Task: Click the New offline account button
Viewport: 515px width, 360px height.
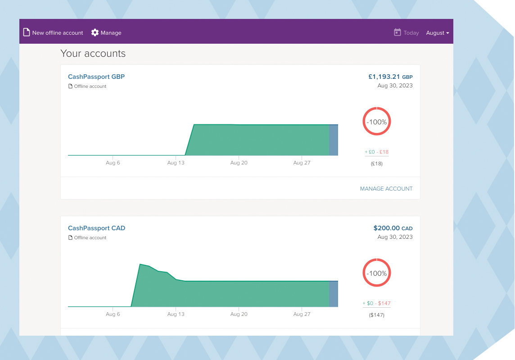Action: (x=53, y=33)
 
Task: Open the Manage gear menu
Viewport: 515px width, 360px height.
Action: (x=106, y=33)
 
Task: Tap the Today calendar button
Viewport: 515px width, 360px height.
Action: (x=407, y=33)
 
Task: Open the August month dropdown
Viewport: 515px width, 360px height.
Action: (x=438, y=33)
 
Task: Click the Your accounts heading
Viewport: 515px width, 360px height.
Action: (x=93, y=54)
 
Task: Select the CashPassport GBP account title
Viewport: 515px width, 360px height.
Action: (x=96, y=77)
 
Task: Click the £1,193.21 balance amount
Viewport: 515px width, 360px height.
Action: (x=384, y=77)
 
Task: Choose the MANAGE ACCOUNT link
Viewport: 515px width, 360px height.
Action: (x=386, y=189)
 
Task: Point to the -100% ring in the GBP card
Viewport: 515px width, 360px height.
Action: (x=377, y=122)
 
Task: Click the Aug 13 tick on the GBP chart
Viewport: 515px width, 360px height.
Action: (x=176, y=163)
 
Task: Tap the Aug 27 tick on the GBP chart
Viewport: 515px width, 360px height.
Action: (x=302, y=163)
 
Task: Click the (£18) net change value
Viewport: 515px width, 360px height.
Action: (x=377, y=164)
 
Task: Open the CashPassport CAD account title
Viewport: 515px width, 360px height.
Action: (x=96, y=228)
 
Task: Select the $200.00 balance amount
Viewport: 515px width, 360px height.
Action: (x=387, y=228)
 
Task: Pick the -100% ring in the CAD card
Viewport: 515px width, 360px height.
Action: (x=377, y=273)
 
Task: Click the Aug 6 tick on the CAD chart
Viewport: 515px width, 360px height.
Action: (x=113, y=314)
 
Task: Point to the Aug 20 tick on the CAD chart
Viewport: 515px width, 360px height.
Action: (x=239, y=314)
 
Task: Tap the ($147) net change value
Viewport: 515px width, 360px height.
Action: (x=377, y=315)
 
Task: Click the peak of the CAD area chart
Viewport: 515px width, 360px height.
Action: (x=140, y=264)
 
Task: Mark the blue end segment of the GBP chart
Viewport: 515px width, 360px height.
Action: (x=334, y=140)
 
